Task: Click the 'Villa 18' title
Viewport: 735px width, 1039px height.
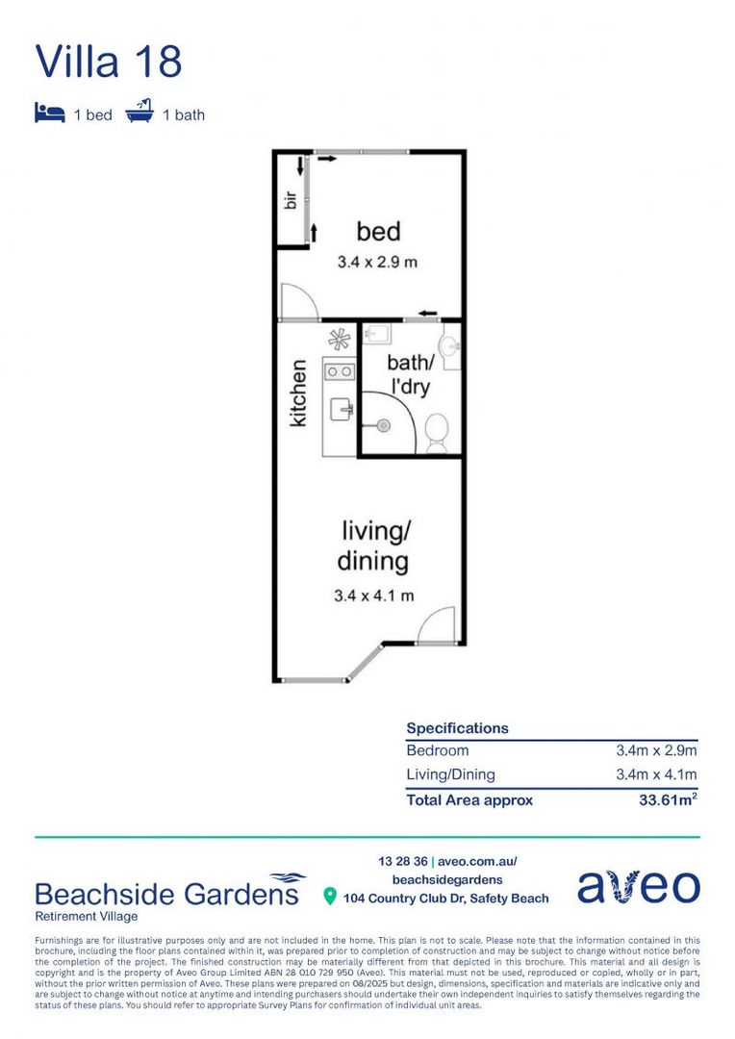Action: coord(109,61)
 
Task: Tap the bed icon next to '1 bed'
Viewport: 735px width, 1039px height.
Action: coord(48,114)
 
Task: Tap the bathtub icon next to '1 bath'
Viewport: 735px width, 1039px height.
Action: coord(139,114)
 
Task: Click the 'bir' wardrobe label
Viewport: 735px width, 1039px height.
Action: coord(289,200)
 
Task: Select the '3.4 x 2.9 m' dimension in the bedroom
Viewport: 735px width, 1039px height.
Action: coord(376,262)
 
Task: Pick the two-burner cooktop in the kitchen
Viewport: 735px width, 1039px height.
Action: coord(339,370)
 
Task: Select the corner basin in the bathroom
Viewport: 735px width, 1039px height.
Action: coord(448,344)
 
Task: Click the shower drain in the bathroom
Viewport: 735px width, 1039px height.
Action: coord(383,425)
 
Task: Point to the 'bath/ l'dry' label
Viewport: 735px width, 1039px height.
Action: coord(410,375)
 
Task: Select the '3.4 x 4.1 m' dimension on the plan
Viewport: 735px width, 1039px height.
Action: coord(374,596)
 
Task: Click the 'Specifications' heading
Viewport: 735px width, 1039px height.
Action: coord(457,728)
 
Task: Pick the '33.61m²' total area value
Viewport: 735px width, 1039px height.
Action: coord(664,799)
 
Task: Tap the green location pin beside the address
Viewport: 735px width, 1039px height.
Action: coord(330,898)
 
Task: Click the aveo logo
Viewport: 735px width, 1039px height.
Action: coord(639,887)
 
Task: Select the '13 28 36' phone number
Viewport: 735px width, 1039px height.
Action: coord(402,861)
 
